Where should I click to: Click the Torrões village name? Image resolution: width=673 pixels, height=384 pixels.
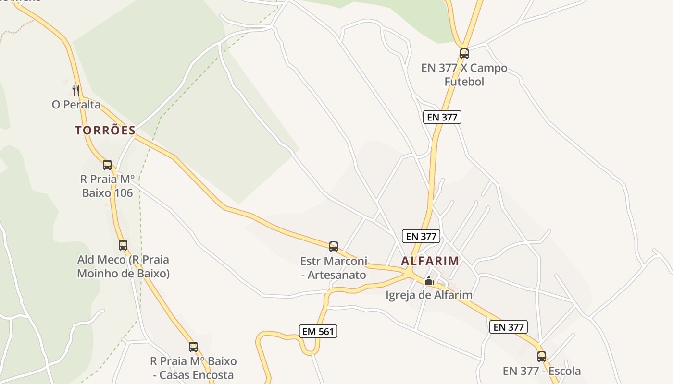(105, 130)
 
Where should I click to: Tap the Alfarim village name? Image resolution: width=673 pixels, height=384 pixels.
(430, 261)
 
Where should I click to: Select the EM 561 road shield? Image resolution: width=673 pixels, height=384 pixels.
(318, 331)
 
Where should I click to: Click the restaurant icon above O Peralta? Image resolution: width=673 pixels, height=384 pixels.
(75, 90)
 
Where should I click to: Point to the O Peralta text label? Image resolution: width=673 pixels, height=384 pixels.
(76, 104)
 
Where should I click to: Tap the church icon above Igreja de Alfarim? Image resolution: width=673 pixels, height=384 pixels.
(428, 281)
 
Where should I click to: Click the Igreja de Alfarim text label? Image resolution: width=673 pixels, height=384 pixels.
(429, 295)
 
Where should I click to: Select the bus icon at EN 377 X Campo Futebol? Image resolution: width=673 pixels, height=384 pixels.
(464, 54)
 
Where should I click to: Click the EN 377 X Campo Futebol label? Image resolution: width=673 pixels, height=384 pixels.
(464, 75)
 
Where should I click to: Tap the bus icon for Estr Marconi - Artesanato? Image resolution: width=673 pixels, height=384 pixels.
(334, 247)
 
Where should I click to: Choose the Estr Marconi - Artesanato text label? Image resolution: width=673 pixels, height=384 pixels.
(333, 268)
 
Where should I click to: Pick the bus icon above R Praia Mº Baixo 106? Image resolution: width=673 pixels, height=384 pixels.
(107, 165)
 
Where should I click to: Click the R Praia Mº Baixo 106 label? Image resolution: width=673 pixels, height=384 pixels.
(107, 186)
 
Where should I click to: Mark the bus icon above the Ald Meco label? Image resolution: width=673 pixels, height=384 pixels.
(123, 245)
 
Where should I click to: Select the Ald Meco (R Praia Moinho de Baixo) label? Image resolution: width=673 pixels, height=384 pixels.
(123, 266)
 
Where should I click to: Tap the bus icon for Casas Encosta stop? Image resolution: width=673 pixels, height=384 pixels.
(193, 347)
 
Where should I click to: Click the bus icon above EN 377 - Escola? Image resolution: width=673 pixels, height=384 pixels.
(542, 357)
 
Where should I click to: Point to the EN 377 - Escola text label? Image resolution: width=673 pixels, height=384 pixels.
(542, 371)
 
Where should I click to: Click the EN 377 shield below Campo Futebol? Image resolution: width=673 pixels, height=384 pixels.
(442, 117)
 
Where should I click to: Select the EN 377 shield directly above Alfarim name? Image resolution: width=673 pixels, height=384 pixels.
(421, 236)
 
